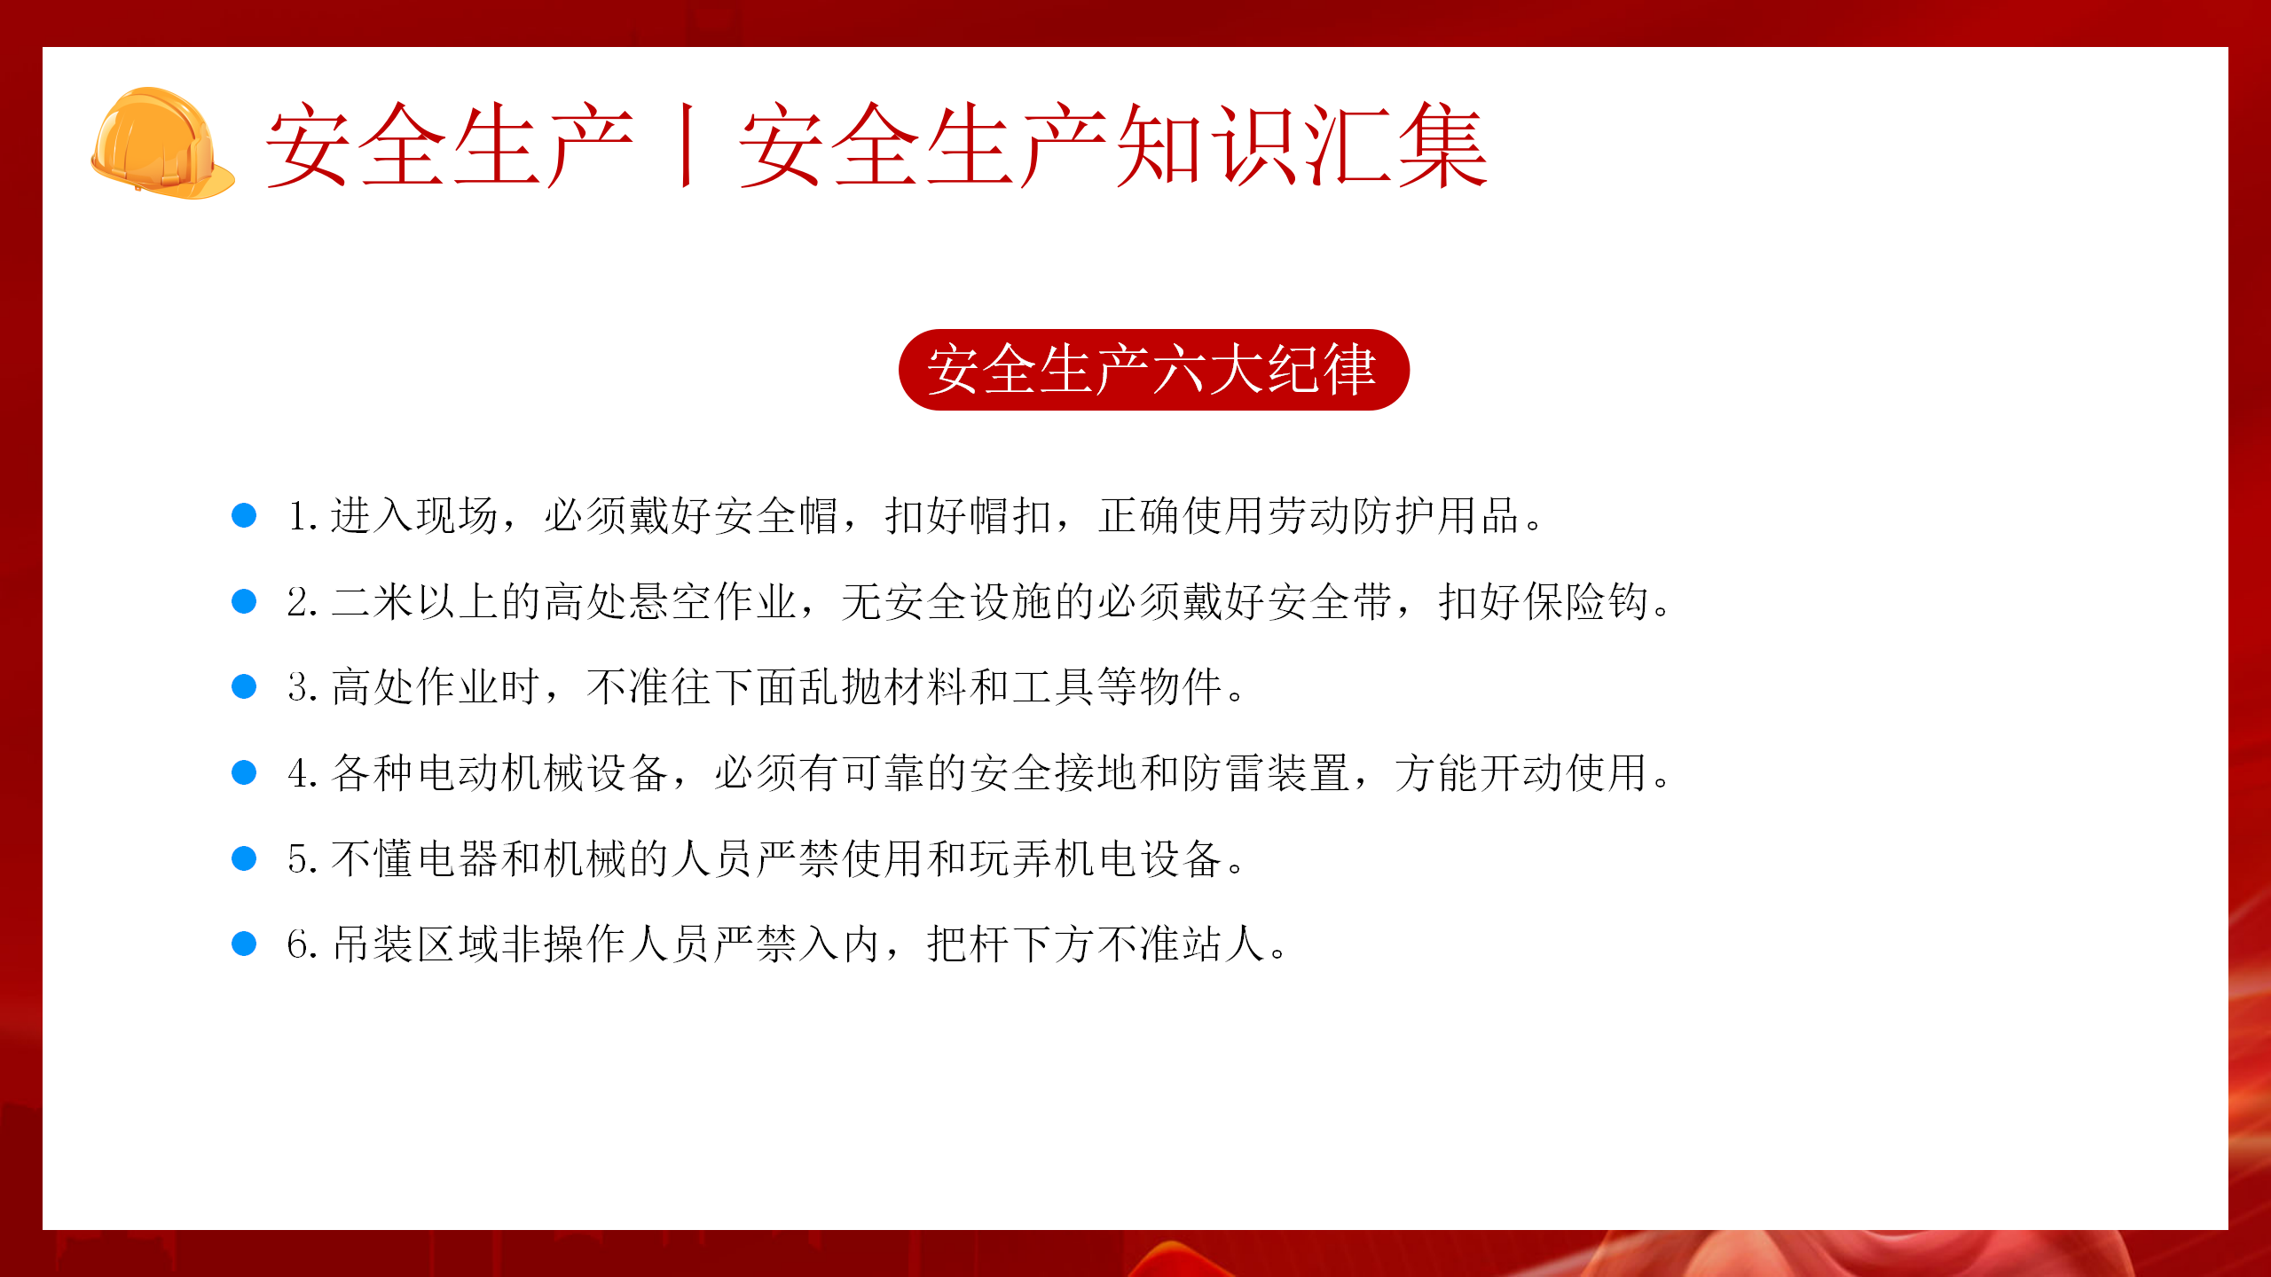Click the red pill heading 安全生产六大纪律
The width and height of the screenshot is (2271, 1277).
point(1153,369)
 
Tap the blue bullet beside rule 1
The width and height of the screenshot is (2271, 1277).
point(244,515)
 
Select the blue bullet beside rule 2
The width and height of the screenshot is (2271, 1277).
point(244,601)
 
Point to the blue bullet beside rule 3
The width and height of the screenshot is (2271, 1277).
point(244,686)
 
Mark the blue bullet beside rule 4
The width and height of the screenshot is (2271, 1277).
point(244,772)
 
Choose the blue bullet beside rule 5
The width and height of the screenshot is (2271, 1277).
point(244,858)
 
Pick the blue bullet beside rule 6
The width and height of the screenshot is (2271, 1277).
point(244,944)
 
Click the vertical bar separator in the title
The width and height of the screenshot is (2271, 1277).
point(686,145)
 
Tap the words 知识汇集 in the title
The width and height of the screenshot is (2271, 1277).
point(1302,145)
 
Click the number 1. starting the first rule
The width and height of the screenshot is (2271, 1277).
point(303,516)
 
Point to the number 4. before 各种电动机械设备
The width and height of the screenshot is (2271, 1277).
point(303,773)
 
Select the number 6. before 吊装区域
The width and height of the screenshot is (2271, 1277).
point(303,944)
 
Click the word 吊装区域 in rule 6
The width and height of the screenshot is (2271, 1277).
point(415,944)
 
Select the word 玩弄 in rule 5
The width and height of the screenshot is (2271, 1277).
point(1011,858)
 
